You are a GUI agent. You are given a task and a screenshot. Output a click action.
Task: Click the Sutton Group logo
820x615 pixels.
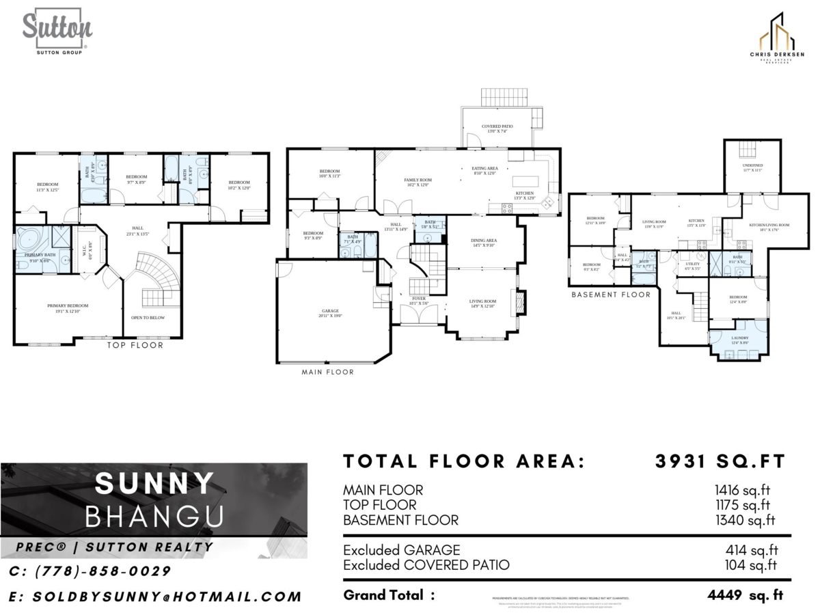tap(57, 31)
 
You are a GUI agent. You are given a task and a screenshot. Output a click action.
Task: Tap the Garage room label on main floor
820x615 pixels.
tap(330, 313)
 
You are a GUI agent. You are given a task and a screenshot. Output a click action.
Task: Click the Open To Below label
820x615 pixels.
tap(148, 318)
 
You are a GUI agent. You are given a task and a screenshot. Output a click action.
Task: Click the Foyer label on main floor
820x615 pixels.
tap(418, 301)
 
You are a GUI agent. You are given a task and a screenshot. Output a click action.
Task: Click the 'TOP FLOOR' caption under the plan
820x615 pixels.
tap(135, 345)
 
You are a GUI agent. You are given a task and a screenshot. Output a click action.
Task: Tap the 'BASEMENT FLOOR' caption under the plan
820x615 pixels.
tap(611, 295)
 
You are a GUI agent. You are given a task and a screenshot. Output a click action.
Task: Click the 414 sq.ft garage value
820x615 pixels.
tap(751, 550)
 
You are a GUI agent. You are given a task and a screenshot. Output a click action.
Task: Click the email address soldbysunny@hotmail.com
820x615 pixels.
tap(155, 597)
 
